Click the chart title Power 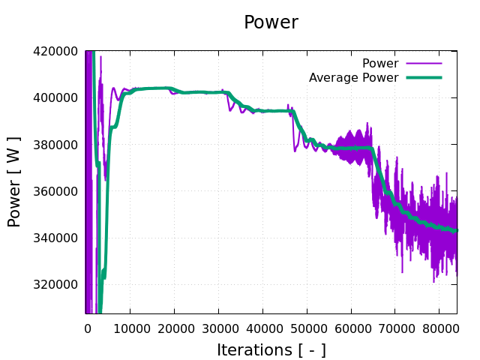point(271,22)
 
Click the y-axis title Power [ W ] point(14,181)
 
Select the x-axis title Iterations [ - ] point(271,349)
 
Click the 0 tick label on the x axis point(87,328)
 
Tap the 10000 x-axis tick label point(130,328)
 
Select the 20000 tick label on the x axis point(174,328)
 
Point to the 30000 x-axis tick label point(218,328)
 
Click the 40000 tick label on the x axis point(262,328)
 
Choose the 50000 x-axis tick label point(307,328)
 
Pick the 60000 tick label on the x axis point(351,328)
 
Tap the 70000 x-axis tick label point(395,328)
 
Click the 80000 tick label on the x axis point(439,328)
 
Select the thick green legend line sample point(424,78)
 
